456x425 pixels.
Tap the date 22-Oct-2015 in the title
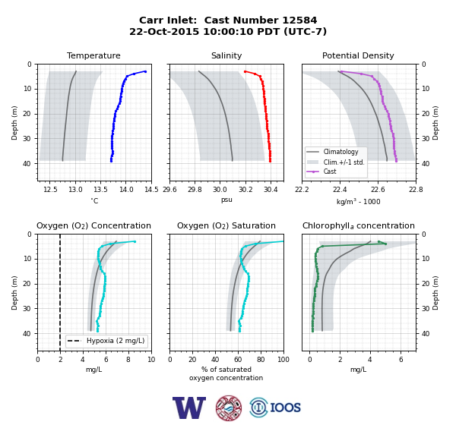tap(164, 31)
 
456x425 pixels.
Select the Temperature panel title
tap(93, 55)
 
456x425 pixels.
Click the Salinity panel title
tap(226, 55)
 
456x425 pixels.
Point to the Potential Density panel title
tap(358, 55)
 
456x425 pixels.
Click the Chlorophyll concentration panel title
tap(359, 225)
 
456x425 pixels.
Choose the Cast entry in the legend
tap(330, 172)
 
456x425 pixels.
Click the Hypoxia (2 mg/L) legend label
tap(116, 341)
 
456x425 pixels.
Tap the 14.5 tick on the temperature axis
tap(151, 190)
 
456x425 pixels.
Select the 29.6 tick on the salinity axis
tap(169, 190)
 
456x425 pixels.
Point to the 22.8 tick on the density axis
tap(416, 190)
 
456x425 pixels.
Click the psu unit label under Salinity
tap(226, 200)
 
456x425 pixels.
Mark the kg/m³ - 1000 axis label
tap(358, 201)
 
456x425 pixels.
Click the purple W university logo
tap(189, 408)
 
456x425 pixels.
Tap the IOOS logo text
tap(285, 408)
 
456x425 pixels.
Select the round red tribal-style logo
tap(229, 408)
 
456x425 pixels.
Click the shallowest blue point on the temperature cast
tap(145, 71)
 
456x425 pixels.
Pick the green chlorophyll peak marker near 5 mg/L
tap(385, 244)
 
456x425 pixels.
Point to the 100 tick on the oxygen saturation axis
tap(283, 360)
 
